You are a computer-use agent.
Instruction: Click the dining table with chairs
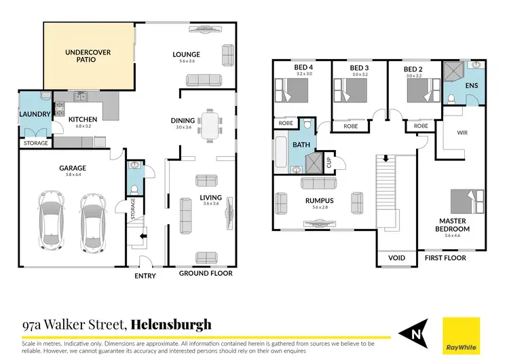[211, 125]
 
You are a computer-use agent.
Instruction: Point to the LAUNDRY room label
[33, 115]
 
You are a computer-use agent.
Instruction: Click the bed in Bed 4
[292, 90]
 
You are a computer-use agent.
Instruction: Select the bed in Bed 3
[350, 90]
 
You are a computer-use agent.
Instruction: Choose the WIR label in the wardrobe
[463, 133]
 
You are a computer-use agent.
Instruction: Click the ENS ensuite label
[471, 87]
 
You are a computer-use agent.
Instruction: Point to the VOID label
[396, 259]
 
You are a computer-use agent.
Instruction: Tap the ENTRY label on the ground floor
[145, 276]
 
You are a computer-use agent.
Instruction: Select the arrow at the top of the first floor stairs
[385, 159]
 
